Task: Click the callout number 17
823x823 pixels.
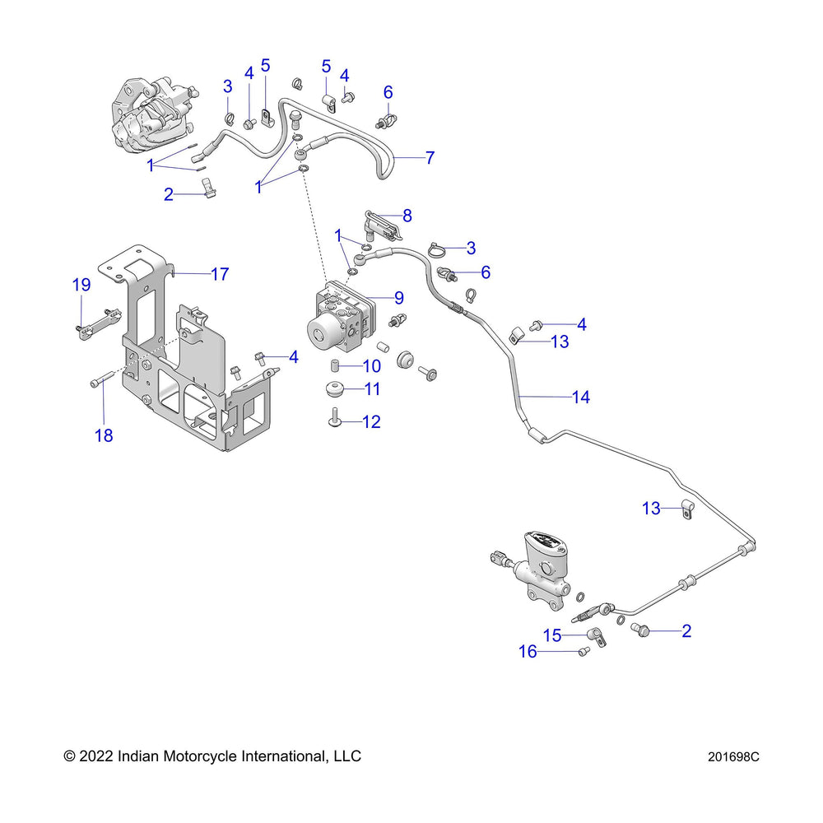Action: click(220, 274)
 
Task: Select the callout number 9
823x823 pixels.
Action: click(398, 297)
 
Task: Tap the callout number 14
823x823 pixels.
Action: click(581, 398)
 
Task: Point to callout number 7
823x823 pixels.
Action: click(430, 157)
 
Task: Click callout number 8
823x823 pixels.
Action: click(407, 216)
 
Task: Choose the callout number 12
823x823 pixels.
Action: click(371, 422)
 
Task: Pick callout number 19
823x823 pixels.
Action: click(81, 286)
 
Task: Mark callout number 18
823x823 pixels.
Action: click(104, 435)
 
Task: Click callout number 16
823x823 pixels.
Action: click(528, 652)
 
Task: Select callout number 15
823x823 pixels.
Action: click(551, 635)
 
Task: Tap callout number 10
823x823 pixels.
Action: click(372, 365)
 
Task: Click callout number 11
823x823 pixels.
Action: click(372, 389)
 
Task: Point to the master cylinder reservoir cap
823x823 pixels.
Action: click(542, 546)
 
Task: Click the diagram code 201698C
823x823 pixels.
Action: click(732, 756)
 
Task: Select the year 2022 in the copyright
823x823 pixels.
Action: click(96, 756)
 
